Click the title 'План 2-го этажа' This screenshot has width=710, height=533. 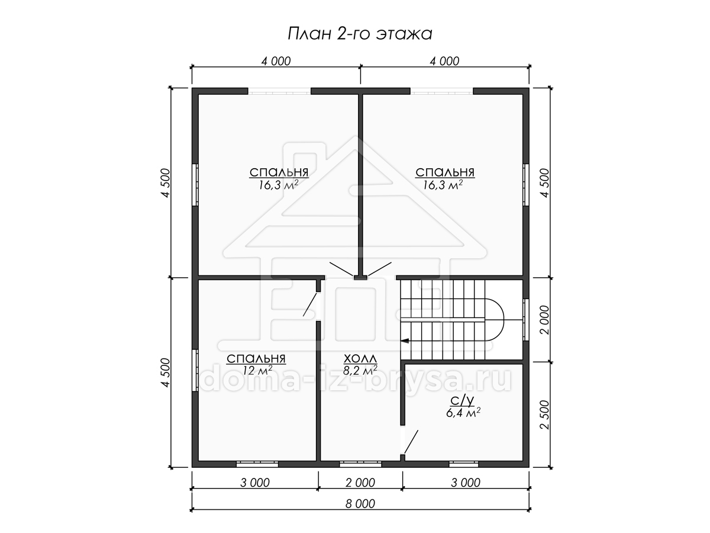tap(360, 34)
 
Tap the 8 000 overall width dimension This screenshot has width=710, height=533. tap(360, 504)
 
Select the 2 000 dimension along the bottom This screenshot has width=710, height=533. tap(360, 483)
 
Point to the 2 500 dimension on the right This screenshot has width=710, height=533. tap(545, 415)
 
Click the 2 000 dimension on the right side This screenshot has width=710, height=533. tap(545, 320)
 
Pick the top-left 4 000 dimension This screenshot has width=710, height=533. tap(276, 61)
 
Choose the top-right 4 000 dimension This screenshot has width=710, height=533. tap(444, 61)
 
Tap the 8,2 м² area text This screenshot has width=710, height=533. tap(360, 370)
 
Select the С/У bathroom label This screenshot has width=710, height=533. tap(462, 402)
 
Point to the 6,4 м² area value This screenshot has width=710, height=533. tap(463, 413)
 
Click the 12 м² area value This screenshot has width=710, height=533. tap(257, 370)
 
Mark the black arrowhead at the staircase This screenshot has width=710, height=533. tap(404, 341)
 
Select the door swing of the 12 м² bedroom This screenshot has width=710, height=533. tap(310, 304)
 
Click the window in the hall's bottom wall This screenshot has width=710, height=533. tap(360, 464)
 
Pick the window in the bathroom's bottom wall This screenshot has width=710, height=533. tap(463, 464)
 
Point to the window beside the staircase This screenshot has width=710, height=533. tap(526, 320)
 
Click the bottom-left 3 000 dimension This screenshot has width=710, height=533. tap(255, 483)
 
